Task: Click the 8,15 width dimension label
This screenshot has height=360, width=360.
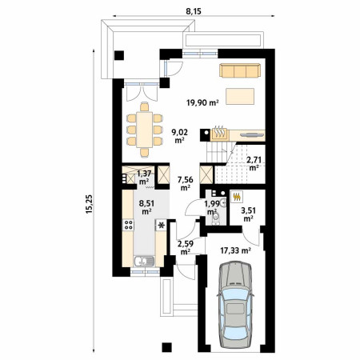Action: (x=194, y=11)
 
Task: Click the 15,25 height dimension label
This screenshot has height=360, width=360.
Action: (x=89, y=204)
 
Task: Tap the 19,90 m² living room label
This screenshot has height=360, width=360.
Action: (x=202, y=102)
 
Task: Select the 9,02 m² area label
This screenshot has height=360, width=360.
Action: (x=180, y=136)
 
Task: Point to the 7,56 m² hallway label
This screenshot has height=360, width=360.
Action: (x=186, y=183)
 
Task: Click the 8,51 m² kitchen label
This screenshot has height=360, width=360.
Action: (x=146, y=207)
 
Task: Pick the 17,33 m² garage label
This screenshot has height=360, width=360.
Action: (x=235, y=250)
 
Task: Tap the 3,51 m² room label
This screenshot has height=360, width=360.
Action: (x=248, y=214)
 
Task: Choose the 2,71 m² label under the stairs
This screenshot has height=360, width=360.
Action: (x=254, y=163)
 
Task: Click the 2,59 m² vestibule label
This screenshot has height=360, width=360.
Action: (x=185, y=247)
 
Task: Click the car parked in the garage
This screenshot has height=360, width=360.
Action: (x=235, y=305)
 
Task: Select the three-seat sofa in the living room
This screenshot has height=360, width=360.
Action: (x=240, y=70)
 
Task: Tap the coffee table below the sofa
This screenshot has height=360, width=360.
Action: (x=240, y=96)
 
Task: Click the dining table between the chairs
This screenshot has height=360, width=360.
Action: (x=145, y=130)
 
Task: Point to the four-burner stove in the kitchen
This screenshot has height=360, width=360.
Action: (x=128, y=225)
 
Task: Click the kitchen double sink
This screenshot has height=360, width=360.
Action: (x=144, y=261)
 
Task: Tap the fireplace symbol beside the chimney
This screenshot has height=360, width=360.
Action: (x=219, y=133)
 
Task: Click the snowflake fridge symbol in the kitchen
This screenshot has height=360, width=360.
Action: (x=161, y=226)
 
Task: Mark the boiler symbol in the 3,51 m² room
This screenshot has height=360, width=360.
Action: (x=237, y=197)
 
